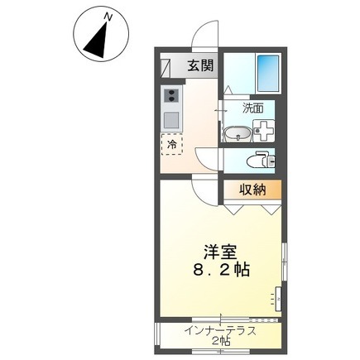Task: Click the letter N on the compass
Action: tap(108, 17)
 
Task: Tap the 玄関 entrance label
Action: tap(201, 66)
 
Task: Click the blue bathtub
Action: tap(268, 73)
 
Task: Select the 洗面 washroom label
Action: tap(253, 108)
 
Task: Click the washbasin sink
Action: tap(238, 134)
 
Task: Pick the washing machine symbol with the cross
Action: tap(264, 131)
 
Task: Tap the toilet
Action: tap(262, 161)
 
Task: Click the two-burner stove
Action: tap(171, 95)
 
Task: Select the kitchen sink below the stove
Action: tap(171, 120)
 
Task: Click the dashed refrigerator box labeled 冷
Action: tap(172, 144)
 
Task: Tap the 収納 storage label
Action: tap(252, 190)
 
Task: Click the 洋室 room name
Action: tap(220, 252)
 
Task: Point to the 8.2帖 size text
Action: tap(221, 270)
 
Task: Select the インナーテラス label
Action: tap(221, 330)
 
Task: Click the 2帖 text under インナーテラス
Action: tap(221, 342)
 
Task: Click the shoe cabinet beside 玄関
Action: tap(165, 69)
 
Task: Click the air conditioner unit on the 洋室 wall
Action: tap(279, 300)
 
